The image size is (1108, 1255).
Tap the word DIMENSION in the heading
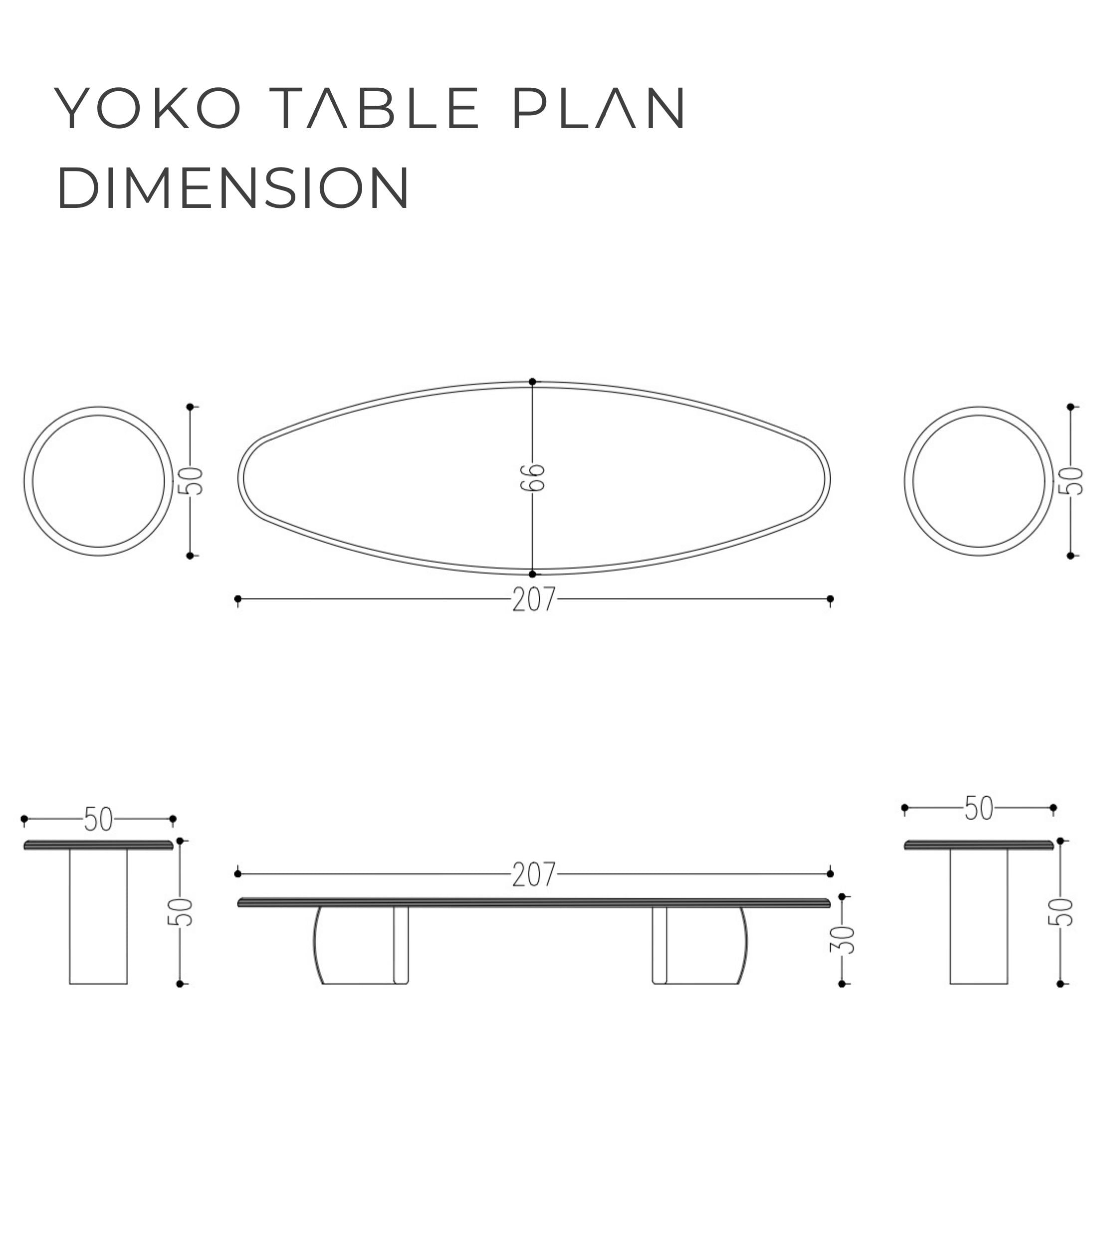tap(233, 187)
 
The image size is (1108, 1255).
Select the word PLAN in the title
tap(599, 108)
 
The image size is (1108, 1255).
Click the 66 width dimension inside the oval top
tap(532, 477)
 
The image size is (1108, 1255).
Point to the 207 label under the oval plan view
tap(534, 600)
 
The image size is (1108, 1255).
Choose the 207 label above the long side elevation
tap(534, 875)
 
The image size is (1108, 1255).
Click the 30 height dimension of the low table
tap(842, 939)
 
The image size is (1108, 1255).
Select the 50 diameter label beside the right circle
tap(1071, 481)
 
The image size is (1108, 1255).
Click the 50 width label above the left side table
tap(98, 819)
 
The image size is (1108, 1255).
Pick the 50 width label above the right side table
tap(979, 809)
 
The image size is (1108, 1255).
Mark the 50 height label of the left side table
tap(180, 912)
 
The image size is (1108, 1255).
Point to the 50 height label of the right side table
tap(1061, 912)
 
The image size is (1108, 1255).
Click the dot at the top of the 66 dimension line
tap(532, 382)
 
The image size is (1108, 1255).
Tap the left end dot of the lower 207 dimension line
tap(237, 874)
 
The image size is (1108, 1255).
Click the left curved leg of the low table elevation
tap(361, 945)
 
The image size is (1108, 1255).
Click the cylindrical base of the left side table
tap(98, 916)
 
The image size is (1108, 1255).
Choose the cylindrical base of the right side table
tap(979, 916)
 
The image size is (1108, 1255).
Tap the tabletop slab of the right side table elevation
tap(979, 845)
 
